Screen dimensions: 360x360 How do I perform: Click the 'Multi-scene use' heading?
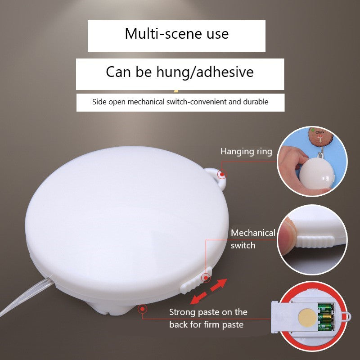click(x=176, y=34)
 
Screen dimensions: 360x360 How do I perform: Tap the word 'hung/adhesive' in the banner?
click(x=205, y=72)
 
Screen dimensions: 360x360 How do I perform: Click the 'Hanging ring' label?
click(x=246, y=152)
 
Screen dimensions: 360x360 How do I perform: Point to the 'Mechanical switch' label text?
click(x=253, y=239)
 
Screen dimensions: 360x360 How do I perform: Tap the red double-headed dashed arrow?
click(x=208, y=292)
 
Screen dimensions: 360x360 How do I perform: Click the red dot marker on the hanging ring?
click(x=222, y=175)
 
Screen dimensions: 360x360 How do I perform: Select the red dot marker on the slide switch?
click(x=206, y=278)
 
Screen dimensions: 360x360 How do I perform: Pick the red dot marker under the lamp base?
click(x=142, y=309)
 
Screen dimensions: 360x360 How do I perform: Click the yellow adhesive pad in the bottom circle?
click(x=307, y=317)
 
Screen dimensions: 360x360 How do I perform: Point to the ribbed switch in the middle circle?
click(x=314, y=242)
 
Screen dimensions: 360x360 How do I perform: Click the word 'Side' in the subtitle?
click(x=99, y=102)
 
